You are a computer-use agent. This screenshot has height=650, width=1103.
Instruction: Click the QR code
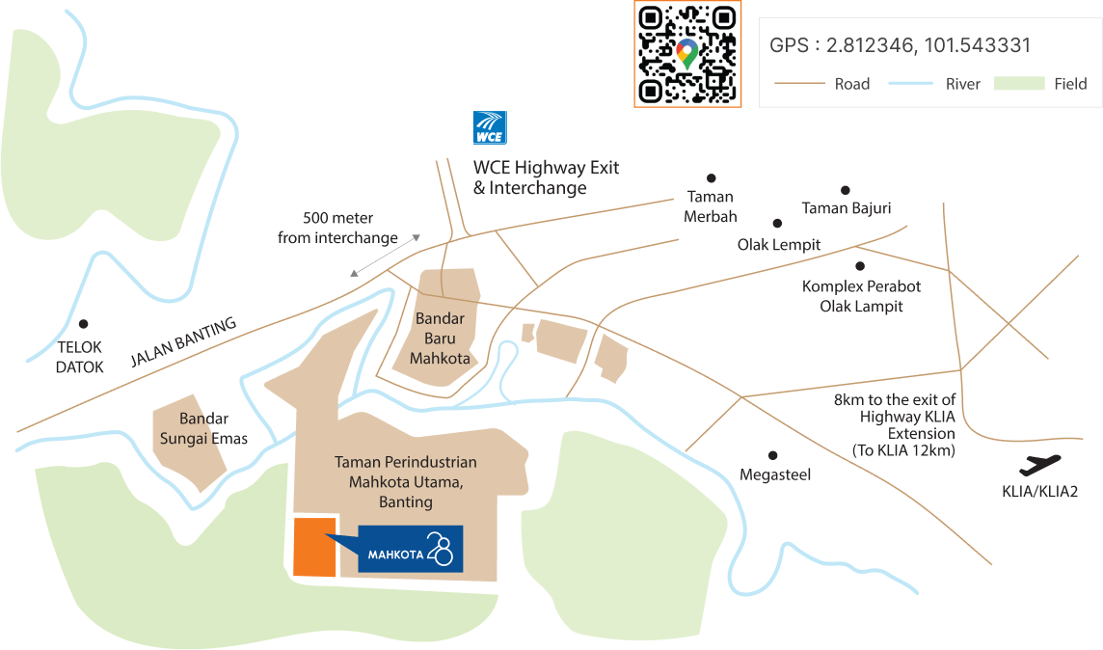(x=687, y=53)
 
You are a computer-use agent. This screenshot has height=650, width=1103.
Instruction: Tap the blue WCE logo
(x=490, y=127)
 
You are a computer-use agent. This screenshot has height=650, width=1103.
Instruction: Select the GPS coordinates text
(x=901, y=45)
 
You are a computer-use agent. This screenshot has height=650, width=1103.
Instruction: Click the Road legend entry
(x=822, y=84)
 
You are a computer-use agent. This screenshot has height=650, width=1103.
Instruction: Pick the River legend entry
(x=934, y=84)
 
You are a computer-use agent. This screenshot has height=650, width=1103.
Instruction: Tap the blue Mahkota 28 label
(x=411, y=549)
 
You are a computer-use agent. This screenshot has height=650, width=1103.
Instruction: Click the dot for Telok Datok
(x=84, y=325)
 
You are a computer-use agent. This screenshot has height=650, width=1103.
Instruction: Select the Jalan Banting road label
(x=182, y=343)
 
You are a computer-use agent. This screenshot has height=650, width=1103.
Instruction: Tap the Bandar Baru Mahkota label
(x=440, y=339)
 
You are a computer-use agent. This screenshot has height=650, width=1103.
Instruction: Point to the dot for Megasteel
(x=772, y=455)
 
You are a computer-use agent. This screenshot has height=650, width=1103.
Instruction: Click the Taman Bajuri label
(x=847, y=207)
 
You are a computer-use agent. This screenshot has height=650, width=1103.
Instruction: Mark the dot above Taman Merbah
(x=712, y=177)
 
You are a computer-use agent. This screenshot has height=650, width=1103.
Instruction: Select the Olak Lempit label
(x=779, y=244)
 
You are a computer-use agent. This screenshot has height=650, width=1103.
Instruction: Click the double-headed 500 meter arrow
(x=386, y=255)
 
